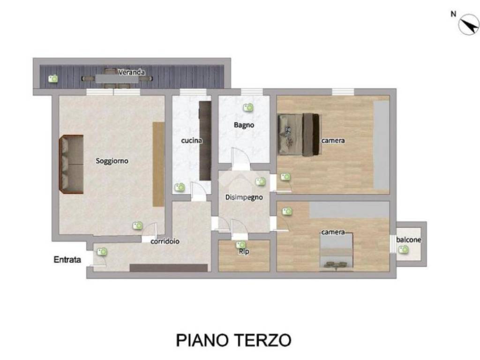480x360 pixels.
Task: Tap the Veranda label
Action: click(131, 72)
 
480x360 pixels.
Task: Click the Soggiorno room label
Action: click(112, 161)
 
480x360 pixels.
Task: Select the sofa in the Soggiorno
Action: click(71, 164)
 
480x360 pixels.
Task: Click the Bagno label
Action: click(244, 125)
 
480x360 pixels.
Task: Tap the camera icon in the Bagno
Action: click(248, 108)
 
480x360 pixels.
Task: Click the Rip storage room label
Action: click(244, 252)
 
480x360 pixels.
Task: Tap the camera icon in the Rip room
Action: click(241, 245)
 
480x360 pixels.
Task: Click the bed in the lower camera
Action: click(337, 252)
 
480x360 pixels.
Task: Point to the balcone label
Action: click(409, 240)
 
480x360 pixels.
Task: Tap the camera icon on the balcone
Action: click(403, 250)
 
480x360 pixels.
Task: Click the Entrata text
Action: click(67, 259)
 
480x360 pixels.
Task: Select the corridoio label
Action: click(165, 241)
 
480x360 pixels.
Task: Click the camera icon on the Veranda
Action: click(54, 79)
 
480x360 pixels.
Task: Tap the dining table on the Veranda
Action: click(111, 79)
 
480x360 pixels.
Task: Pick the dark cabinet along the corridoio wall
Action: click(168, 268)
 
